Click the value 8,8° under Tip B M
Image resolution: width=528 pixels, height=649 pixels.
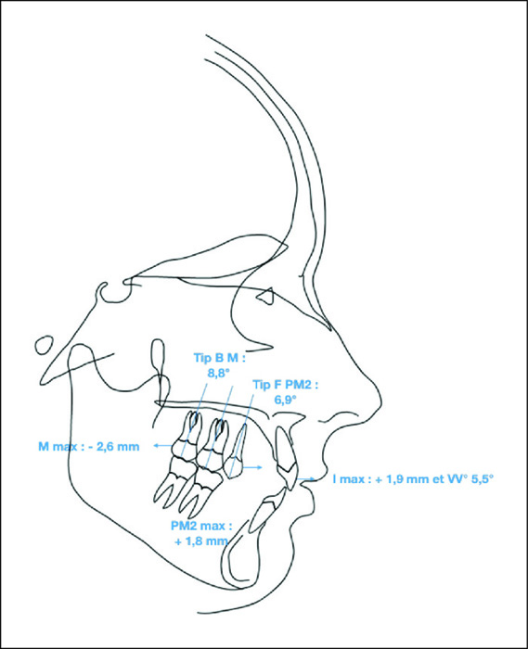click(x=218, y=373)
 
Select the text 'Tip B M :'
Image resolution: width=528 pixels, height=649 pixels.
click(x=220, y=358)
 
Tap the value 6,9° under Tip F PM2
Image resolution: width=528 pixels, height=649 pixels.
click(x=285, y=400)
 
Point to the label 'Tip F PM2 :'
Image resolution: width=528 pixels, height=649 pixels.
click(x=286, y=385)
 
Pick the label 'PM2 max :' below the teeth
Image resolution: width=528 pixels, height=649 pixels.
click(x=201, y=526)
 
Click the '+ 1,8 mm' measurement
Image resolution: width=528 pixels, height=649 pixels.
click(x=201, y=541)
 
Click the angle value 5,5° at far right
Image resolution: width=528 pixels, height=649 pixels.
click(x=483, y=479)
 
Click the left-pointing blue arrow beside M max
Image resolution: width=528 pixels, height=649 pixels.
click(x=163, y=445)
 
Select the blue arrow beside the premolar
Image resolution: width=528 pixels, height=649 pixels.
click(x=252, y=467)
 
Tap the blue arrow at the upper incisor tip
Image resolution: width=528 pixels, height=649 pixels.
click(x=306, y=479)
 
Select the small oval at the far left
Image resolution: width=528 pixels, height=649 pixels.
click(x=45, y=345)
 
